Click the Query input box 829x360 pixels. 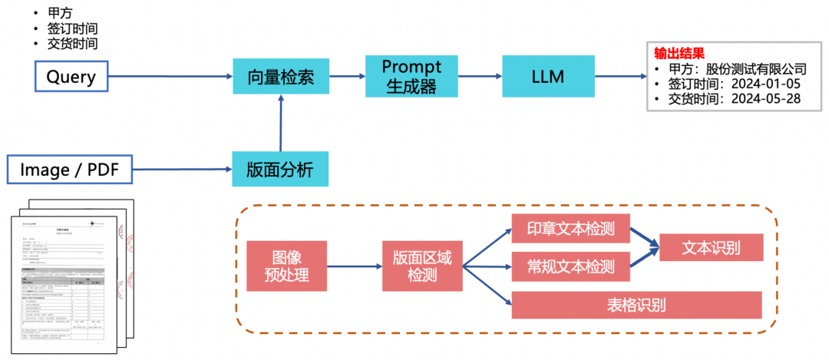70,76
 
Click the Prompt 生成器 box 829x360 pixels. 411,76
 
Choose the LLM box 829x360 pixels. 548,76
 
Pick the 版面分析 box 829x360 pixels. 280,169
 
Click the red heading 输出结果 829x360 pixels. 679,53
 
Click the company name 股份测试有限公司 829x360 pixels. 756,68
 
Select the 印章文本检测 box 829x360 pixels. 570,228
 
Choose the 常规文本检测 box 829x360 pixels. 570,266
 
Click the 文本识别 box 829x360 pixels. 711,247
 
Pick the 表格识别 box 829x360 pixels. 636,305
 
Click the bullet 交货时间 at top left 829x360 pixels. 73,44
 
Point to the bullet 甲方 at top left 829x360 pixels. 61,13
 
